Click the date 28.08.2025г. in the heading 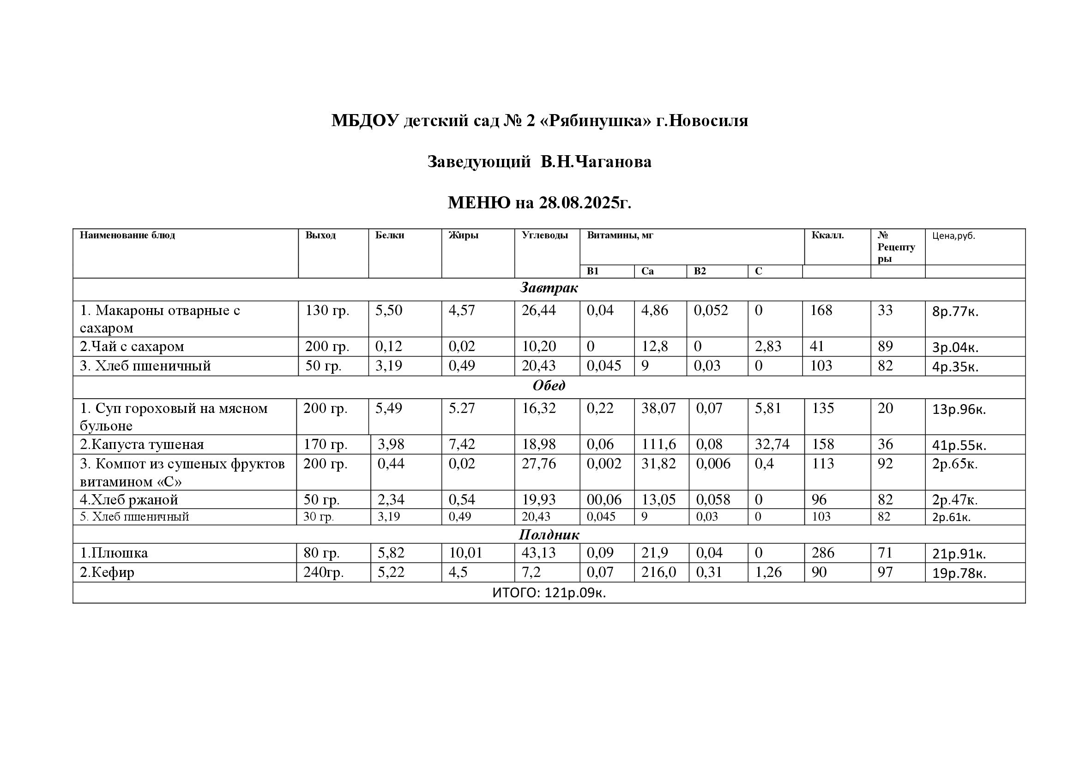[x=585, y=203]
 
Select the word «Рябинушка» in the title [x=596, y=121]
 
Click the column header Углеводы [x=544, y=235]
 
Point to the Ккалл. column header [x=827, y=235]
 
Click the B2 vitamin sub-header [x=700, y=272]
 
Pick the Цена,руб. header [x=953, y=236]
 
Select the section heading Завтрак [x=549, y=288]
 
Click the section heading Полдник [x=549, y=535]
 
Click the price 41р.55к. [x=959, y=445]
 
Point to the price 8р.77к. [x=955, y=312]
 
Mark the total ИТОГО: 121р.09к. [x=549, y=593]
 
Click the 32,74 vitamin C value [x=772, y=444]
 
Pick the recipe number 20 [x=885, y=408]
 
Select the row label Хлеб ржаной [x=129, y=500]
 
